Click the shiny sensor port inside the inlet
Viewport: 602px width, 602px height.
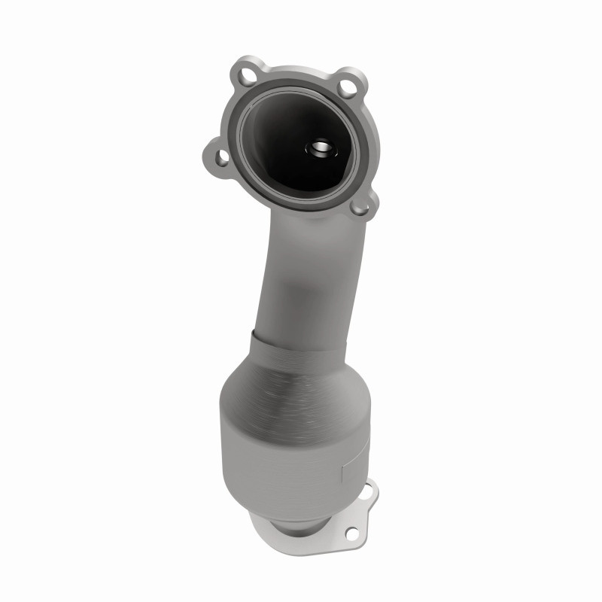pyautogui.click(x=319, y=147)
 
